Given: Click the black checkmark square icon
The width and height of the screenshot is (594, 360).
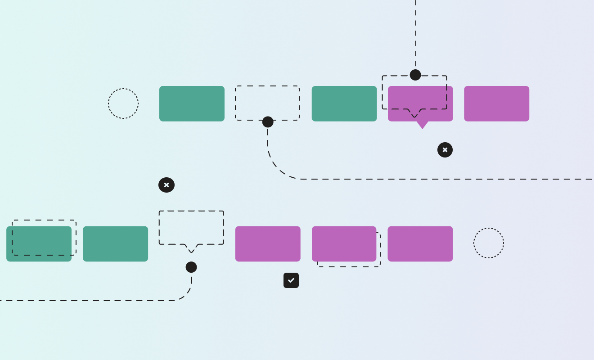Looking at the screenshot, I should [291, 280].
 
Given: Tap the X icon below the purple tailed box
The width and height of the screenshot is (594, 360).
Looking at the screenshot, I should [445, 150].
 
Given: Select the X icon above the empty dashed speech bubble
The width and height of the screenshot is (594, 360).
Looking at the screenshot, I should [166, 185].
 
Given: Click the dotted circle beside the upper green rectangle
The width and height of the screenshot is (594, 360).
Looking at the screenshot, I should [123, 103].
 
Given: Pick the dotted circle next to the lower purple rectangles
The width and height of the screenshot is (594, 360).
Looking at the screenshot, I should [489, 243].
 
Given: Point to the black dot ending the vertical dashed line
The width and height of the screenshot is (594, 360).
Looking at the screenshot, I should [415, 75].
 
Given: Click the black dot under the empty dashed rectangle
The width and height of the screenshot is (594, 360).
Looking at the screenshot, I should [268, 122].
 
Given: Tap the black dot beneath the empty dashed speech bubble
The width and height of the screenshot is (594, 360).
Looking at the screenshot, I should [191, 267].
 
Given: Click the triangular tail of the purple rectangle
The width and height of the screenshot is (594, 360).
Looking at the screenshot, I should [422, 125].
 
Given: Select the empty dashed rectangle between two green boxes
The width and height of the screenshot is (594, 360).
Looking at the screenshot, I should [267, 103].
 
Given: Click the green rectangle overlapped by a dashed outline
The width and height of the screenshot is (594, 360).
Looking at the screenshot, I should [39, 244].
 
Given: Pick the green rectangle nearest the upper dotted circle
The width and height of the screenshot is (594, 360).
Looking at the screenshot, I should [192, 103].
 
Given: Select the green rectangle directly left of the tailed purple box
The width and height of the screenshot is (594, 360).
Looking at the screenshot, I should [344, 103].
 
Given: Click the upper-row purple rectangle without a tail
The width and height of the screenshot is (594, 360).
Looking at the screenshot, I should [497, 103].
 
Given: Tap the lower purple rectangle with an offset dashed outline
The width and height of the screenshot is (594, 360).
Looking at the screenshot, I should [344, 244].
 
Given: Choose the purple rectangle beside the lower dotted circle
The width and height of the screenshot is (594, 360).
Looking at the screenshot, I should [420, 244].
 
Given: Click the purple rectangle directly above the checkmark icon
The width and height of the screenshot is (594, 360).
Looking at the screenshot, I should [268, 244].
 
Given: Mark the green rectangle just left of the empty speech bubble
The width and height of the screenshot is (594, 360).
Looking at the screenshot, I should [116, 244].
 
